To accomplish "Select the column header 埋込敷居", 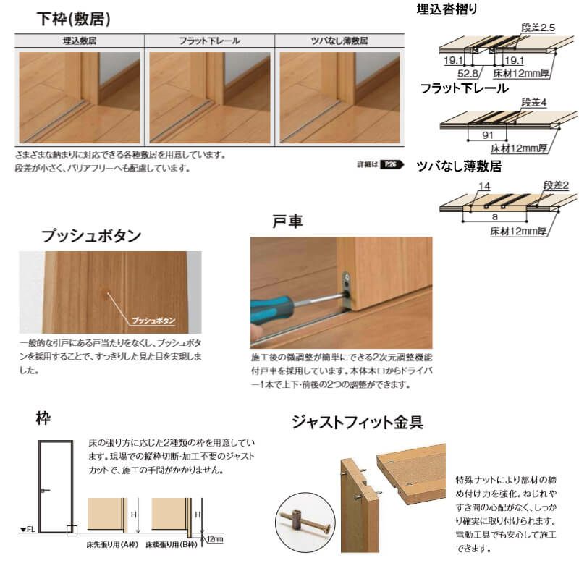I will tap(79, 41).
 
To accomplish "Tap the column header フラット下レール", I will tap(209, 41).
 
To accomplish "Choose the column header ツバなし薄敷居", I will tap(339, 41).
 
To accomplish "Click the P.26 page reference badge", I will tap(392, 164).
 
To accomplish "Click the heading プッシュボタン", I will tap(91, 235).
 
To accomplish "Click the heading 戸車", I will tap(287, 221).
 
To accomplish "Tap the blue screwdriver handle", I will tap(267, 310).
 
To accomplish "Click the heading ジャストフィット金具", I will tap(357, 421).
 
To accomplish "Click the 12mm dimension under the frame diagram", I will tap(214, 539).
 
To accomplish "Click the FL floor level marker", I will tap(28, 530).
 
